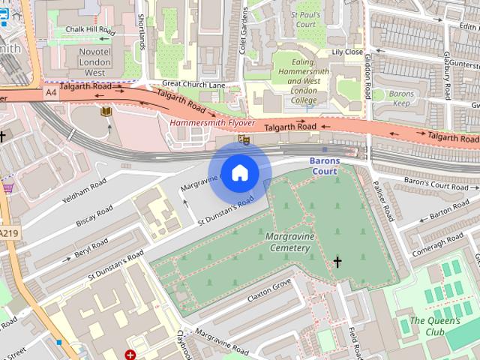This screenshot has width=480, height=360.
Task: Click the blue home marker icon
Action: click(239, 173)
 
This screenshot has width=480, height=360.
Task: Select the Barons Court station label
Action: click(325, 166)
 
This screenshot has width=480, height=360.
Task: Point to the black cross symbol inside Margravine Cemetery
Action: click(337, 262)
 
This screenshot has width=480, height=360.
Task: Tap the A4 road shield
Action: click(50, 92)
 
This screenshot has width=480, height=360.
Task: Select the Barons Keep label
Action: click(403, 99)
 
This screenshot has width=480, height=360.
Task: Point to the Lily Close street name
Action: click(347, 52)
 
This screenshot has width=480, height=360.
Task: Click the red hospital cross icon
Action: click(130, 354)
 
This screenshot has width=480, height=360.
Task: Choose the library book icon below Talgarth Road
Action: click(105, 111)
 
